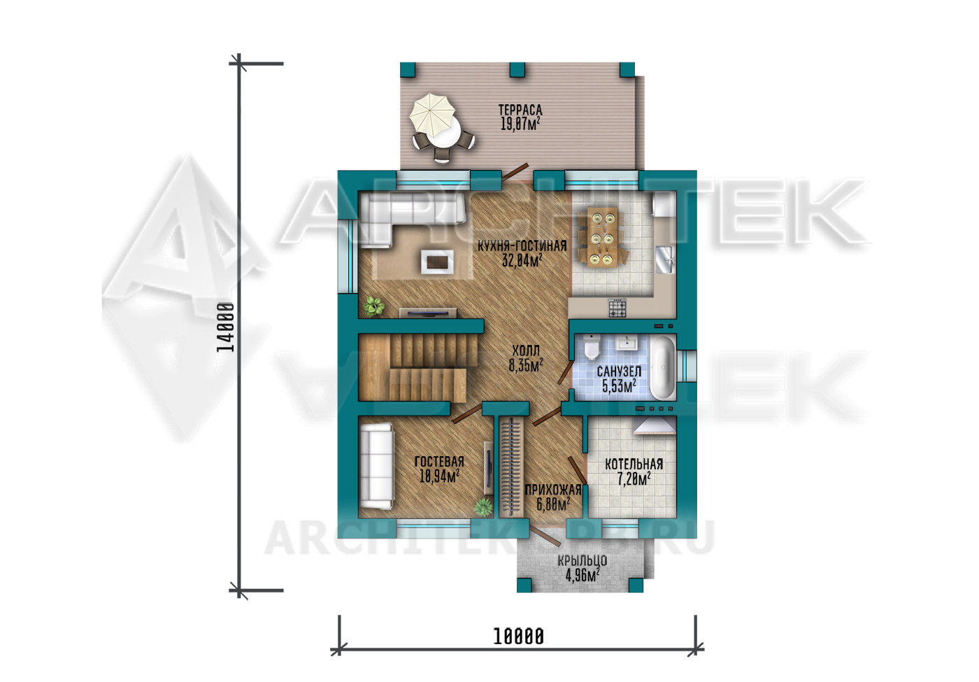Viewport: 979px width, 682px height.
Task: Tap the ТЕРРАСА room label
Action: pos(520,110)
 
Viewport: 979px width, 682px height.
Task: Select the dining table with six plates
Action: pos(602,237)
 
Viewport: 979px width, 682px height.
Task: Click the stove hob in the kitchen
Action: pos(617,308)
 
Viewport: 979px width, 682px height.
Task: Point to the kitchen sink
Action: pos(665,260)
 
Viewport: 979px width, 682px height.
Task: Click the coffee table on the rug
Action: pos(437,262)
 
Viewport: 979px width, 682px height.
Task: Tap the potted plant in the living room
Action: pos(373,306)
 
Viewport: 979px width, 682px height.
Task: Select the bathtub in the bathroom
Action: pos(663,367)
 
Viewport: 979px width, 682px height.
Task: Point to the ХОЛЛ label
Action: pos(526,350)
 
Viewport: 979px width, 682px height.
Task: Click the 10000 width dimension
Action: pos(518,637)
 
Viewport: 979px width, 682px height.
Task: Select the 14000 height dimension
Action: pos(225,327)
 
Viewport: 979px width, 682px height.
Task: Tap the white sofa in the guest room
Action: pos(376,467)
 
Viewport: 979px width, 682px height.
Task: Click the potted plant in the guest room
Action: pos(483,507)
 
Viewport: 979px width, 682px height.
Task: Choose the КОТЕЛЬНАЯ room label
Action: pos(634,464)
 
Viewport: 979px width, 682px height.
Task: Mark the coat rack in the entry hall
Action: pos(511,467)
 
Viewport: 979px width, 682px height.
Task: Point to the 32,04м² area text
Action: pos(522,261)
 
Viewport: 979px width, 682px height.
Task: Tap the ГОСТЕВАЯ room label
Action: pos(439,462)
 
